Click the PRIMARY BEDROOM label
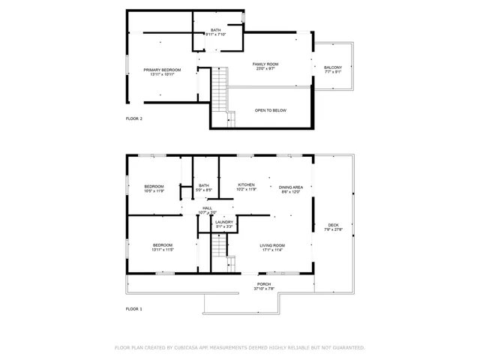[x=162, y=70]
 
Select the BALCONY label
[x=333, y=67]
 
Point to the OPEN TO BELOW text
[x=270, y=110]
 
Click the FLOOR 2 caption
[x=133, y=118]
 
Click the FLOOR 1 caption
[x=133, y=308]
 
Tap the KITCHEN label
[x=246, y=184]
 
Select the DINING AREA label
[x=291, y=187]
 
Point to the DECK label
[x=333, y=225]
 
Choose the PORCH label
[x=264, y=284]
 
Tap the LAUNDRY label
[x=223, y=222]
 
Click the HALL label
[x=207, y=208]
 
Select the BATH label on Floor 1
[x=204, y=185]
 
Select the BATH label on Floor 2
[x=215, y=30]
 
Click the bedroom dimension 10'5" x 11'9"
[x=154, y=190]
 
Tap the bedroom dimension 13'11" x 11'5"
[x=163, y=250]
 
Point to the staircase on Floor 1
[x=217, y=247]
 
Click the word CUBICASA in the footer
[x=195, y=348]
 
